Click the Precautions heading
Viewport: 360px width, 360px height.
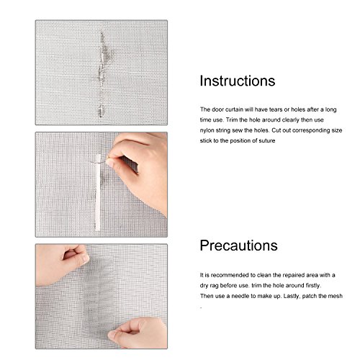pos(238,246)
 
